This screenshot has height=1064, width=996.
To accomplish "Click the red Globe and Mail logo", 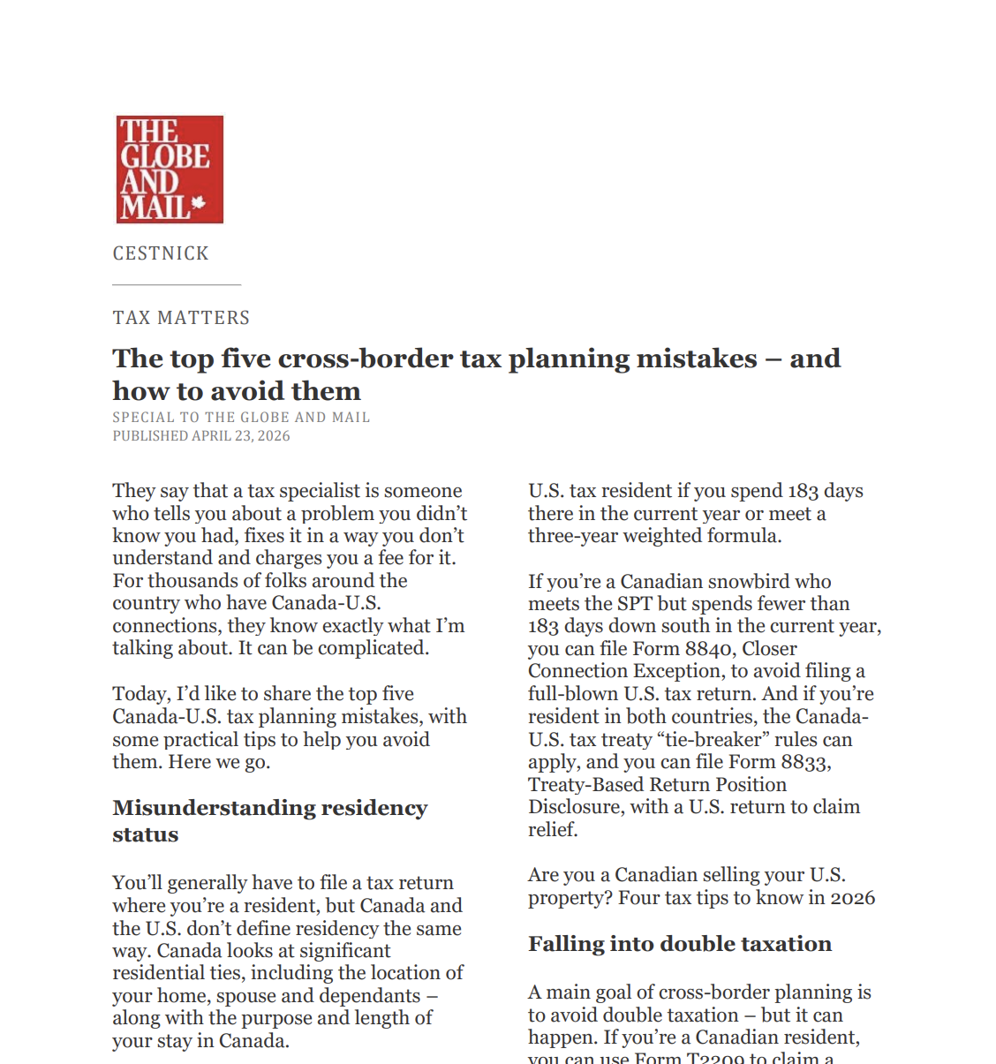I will point(170,170).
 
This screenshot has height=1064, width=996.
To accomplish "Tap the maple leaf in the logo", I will point(199,203).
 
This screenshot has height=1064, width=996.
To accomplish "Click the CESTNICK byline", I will point(161,253).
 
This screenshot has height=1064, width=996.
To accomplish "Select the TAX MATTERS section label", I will point(181,318).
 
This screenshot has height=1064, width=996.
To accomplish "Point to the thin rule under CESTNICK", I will point(177,284).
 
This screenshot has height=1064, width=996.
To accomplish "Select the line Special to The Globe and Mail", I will point(241,417).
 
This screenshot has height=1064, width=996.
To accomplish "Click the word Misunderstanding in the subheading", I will point(213,808).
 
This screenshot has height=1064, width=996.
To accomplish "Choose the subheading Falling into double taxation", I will point(679,944).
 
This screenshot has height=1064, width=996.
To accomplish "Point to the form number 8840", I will point(709,649).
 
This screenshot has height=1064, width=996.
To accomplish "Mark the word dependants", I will point(370,996).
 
